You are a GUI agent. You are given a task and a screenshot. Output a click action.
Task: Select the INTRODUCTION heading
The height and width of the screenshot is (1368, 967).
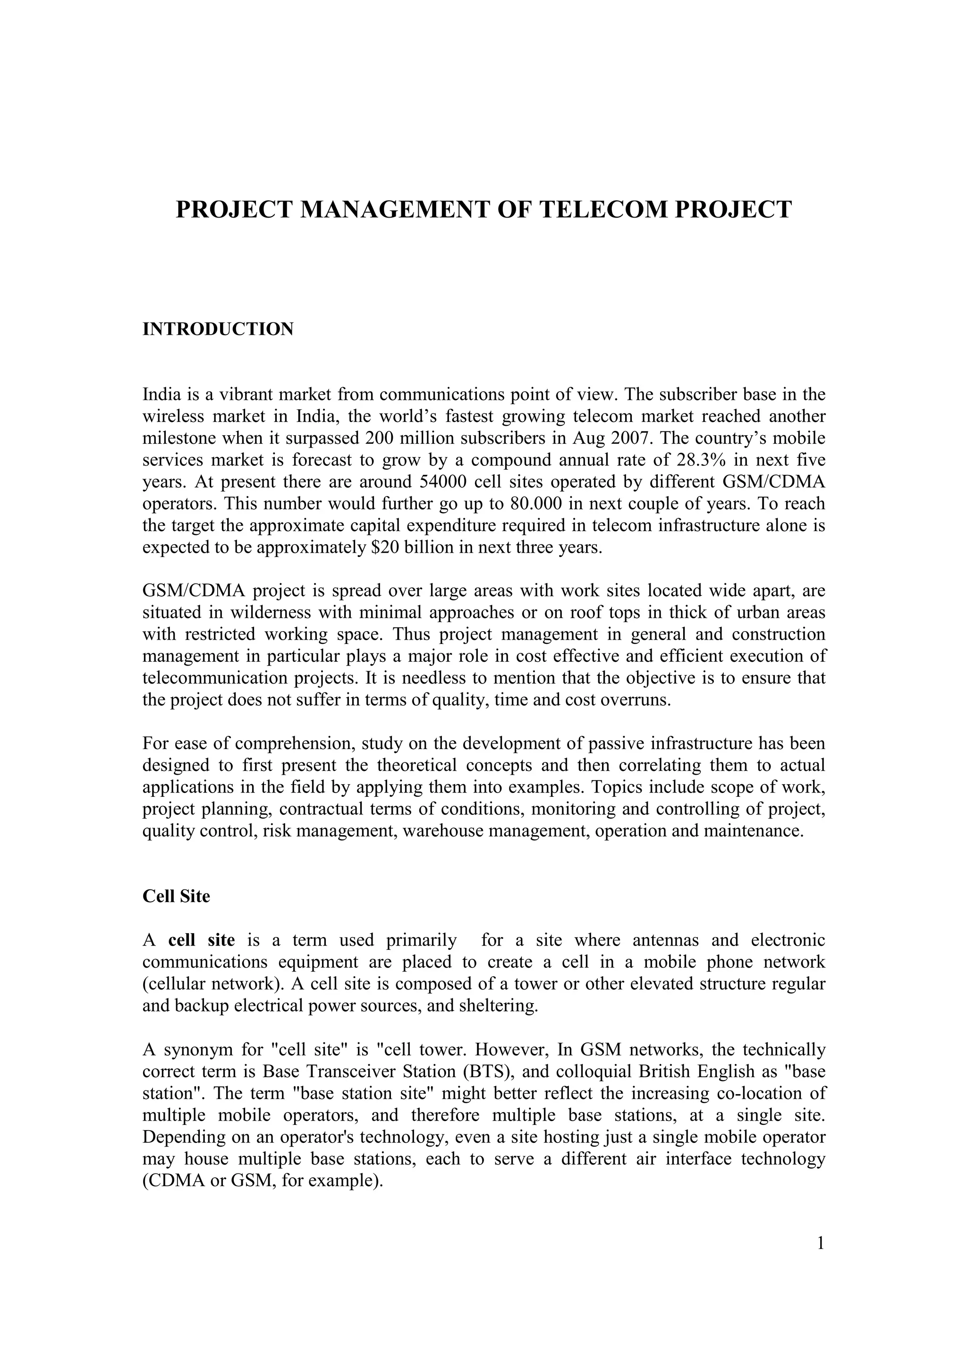click(218, 329)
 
